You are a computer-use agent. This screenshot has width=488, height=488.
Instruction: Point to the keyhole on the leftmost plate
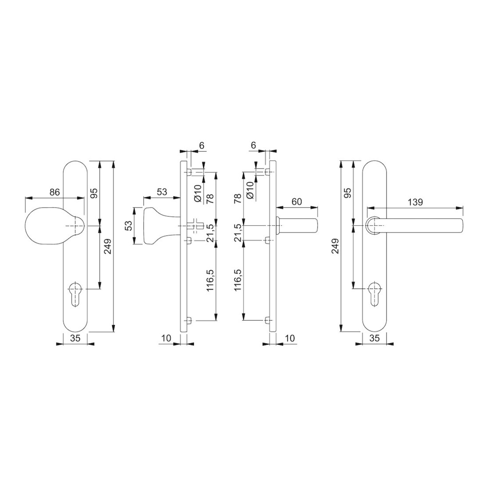[x=75, y=294]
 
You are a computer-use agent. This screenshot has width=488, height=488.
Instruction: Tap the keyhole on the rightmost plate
[x=375, y=294]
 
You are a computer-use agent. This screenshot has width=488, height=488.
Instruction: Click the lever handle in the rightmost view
[x=414, y=225]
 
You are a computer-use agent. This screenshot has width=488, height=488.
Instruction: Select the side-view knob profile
[x=162, y=226]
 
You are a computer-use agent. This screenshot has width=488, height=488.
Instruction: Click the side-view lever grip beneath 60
[x=297, y=226]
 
